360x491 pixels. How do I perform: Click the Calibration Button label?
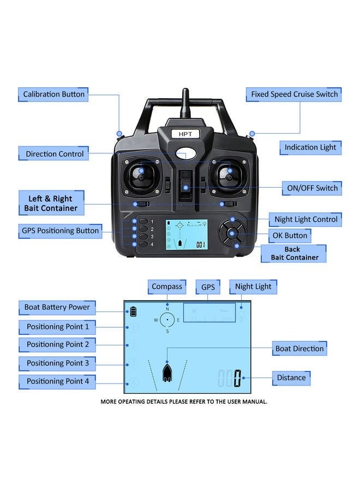coord(53,94)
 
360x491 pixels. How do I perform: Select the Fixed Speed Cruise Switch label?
coord(294,94)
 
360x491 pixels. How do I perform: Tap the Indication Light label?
coord(310,147)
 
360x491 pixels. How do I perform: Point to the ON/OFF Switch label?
coord(312,188)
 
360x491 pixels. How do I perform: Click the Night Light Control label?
coord(305,219)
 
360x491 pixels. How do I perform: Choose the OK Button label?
coord(290,236)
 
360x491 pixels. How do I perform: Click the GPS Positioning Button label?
coord(60,231)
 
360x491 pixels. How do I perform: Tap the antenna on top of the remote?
coord(185,104)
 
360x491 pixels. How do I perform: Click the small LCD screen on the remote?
coord(185,235)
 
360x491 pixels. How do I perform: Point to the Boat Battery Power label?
coord(57,307)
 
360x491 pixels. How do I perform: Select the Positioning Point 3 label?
coord(57,363)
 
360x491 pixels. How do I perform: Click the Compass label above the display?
coord(167,286)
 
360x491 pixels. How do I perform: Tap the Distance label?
coord(291,377)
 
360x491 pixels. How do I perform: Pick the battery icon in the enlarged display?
coord(133,313)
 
